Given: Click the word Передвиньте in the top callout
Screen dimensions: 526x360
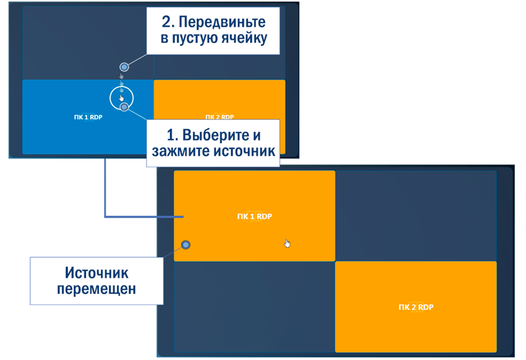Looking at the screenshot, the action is point(222,23).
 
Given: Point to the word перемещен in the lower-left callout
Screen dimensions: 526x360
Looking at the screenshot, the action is point(96,289).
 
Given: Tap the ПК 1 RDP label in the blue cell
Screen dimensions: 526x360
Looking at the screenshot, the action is point(84,117).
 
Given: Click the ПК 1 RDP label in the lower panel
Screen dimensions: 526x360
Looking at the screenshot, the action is point(254,216).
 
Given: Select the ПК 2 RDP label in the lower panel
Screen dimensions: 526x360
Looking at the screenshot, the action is point(416,307).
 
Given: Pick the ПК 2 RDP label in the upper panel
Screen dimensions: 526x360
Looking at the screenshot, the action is point(219,117).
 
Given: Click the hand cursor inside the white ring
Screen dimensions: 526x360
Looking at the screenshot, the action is point(122,97).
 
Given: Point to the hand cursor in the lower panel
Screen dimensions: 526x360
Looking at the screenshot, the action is point(288,243).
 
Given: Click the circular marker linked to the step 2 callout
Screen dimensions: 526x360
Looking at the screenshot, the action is point(124,67).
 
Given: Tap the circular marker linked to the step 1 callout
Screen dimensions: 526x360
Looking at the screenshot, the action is point(124,107).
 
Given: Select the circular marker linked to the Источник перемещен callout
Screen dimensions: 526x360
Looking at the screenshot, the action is point(186,244).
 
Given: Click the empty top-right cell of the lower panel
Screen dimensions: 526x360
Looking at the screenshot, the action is point(416,215).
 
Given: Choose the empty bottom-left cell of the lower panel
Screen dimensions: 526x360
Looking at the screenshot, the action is point(254,307).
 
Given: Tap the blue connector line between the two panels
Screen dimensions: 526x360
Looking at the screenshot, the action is point(105,194).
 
